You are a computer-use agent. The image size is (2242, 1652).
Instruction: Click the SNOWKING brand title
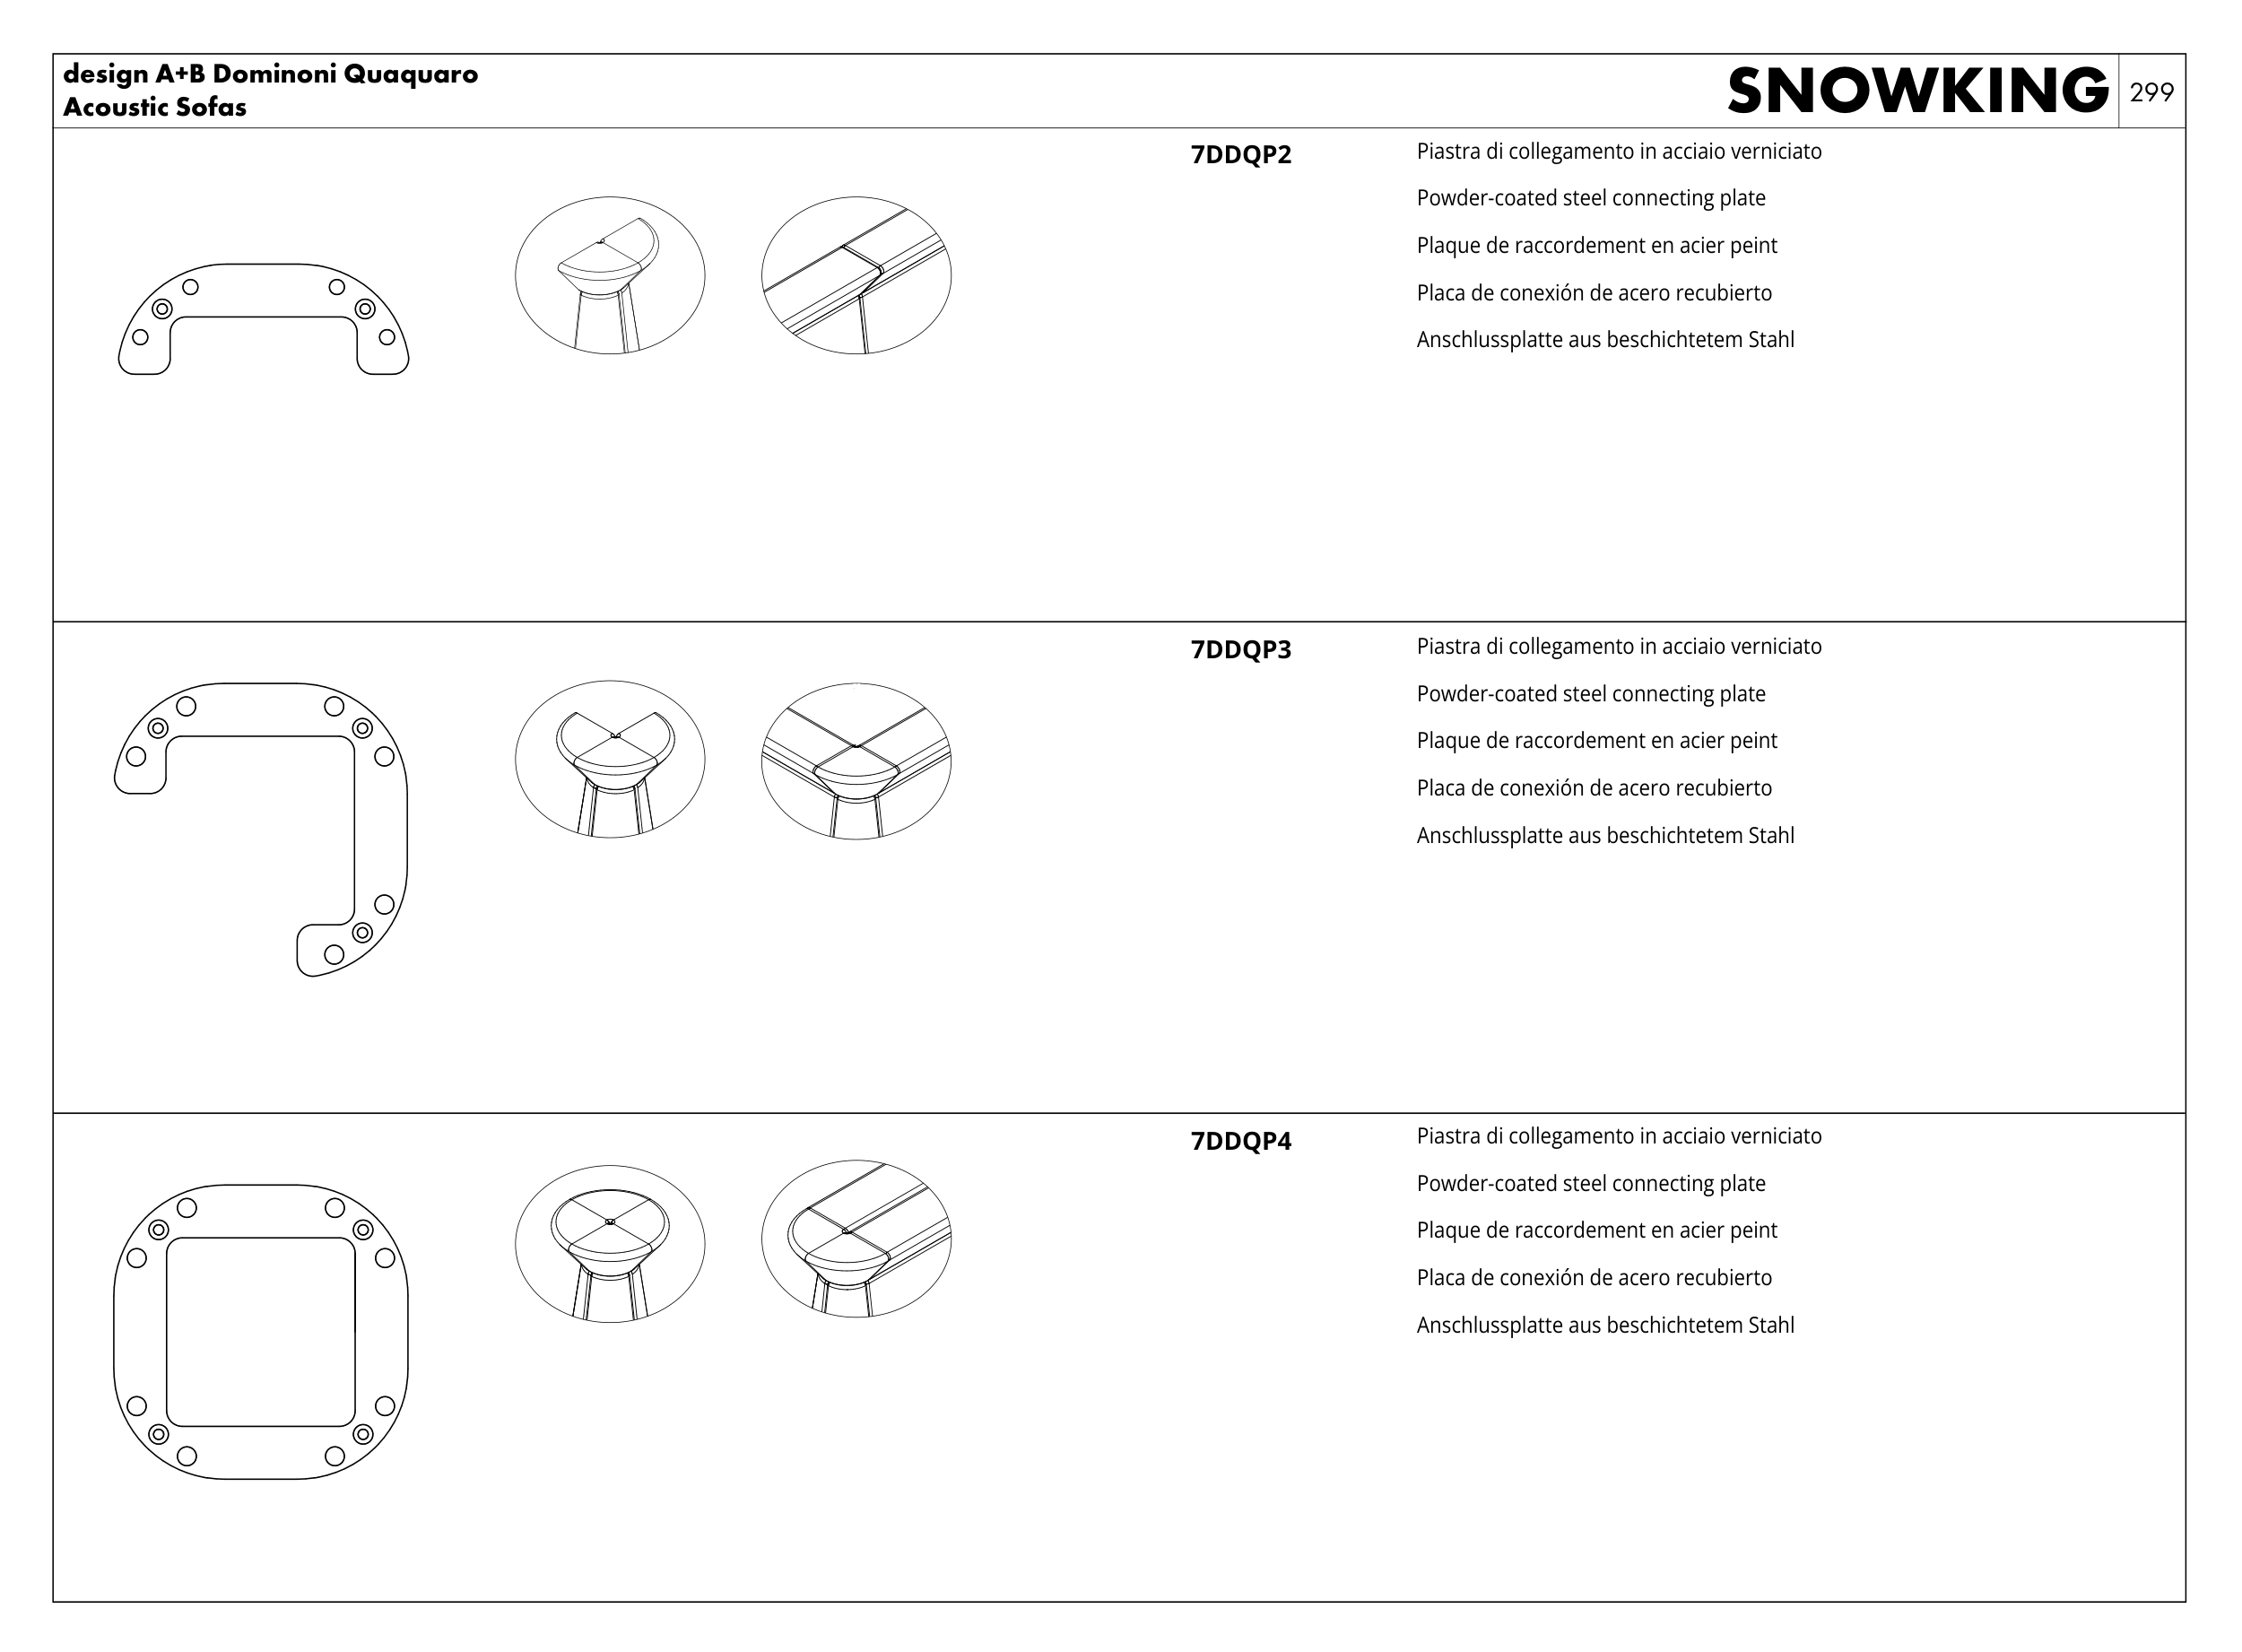1917,91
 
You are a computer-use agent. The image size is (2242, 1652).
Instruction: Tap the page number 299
2151,92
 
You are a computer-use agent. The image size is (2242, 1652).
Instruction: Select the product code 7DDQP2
1240,155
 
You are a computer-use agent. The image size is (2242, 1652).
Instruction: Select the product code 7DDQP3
1240,650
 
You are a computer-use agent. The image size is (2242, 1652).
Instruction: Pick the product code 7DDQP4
1240,1141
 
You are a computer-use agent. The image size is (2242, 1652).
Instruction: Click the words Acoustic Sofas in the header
155,107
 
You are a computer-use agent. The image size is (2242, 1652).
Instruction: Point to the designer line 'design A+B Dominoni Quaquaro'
270,74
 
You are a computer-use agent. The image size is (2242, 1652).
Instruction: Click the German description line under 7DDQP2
1604,340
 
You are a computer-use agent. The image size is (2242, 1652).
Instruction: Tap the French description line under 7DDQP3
1596,741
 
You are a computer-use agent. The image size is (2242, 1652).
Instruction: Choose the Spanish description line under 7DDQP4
1593,1278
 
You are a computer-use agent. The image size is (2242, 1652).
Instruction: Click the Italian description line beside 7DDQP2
1618,152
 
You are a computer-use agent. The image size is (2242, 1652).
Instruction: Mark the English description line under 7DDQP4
1590,1184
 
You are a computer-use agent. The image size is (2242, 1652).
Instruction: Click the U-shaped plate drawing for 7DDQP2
263,291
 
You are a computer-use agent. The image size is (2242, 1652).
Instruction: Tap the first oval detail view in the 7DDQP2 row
609,275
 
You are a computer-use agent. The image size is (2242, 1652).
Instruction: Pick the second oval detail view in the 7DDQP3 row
856,761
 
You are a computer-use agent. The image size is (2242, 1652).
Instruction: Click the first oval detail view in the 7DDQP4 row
609,1243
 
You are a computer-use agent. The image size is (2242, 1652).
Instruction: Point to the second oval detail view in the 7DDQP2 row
856,275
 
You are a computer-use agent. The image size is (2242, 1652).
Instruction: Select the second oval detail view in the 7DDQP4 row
856,1239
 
